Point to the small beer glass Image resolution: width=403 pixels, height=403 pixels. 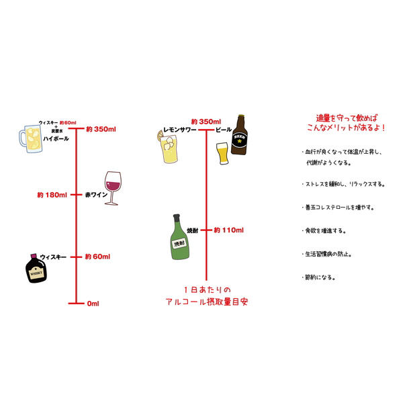[x=222, y=154]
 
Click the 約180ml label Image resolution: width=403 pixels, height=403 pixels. [x=52, y=195]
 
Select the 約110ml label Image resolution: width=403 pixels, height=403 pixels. [x=228, y=230]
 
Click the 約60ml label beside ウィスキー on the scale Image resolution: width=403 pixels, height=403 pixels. [x=97, y=257]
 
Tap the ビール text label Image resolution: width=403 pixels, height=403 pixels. [x=224, y=129]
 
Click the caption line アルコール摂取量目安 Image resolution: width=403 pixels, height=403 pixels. [x=206, y=302]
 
